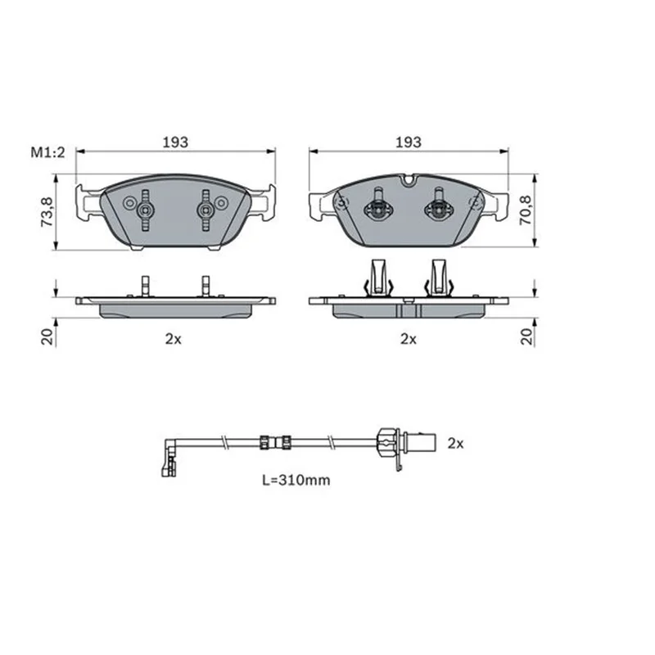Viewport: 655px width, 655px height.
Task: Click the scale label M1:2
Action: pos(48,152)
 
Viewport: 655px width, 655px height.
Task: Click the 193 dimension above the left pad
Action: pos(175,142)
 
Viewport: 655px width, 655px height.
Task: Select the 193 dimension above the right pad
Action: pos(409,142)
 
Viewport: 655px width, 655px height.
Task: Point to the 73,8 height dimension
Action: pos(47,211)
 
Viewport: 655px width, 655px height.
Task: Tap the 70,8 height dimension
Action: pos(526,210)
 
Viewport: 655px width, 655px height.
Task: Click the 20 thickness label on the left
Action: pos(48,337)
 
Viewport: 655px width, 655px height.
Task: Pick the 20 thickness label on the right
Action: pos(527,337)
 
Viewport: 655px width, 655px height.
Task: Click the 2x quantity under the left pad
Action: pos(174,339)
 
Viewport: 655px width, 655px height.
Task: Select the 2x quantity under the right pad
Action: pos(409,339)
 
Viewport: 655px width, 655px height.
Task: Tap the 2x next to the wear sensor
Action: pos(455,443)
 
